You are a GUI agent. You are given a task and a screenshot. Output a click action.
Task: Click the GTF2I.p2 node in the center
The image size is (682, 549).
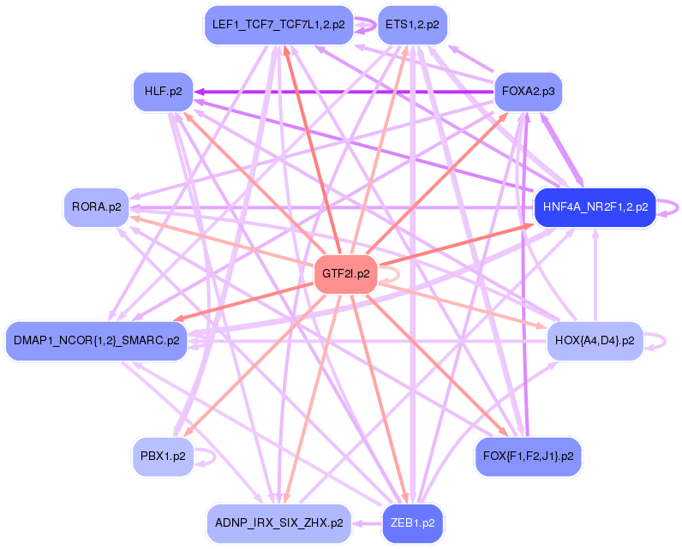[x=346, y=274]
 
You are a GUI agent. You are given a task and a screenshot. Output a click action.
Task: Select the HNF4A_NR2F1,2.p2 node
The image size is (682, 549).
[x=595, y=206]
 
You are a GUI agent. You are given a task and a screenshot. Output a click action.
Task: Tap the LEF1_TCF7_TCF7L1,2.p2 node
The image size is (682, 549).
[x=278, y=25]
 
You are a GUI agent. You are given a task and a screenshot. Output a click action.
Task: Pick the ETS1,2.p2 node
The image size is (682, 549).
[x=412, y=25]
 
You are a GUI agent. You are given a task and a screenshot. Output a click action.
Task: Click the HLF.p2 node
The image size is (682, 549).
[x=163, y=92]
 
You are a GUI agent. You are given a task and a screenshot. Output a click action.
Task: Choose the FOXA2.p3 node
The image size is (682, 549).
[x=529, y=92]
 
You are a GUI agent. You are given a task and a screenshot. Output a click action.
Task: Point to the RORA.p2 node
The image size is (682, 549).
[x=96, y=206]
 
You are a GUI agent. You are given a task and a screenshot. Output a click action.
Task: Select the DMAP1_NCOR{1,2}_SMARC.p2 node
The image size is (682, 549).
[x=96, y=340]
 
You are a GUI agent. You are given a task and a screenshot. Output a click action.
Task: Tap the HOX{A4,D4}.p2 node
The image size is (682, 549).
[x=595, y=340]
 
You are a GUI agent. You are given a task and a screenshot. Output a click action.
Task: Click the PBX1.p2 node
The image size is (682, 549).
[x=163, y=456]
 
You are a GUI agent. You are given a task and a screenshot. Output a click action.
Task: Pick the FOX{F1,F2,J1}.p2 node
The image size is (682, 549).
[x=529, y=456]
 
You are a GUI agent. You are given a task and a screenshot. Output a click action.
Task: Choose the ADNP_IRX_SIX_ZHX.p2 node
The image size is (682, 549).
[x=278, y=522]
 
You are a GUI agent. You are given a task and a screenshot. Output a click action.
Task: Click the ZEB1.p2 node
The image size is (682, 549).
[x=412, y=522]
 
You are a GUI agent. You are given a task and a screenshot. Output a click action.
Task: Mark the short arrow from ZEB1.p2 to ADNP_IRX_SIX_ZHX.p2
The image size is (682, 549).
[x=367, y=522]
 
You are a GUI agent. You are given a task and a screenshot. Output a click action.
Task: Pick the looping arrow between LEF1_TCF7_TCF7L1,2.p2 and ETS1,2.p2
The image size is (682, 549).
[x=364, y=25]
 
